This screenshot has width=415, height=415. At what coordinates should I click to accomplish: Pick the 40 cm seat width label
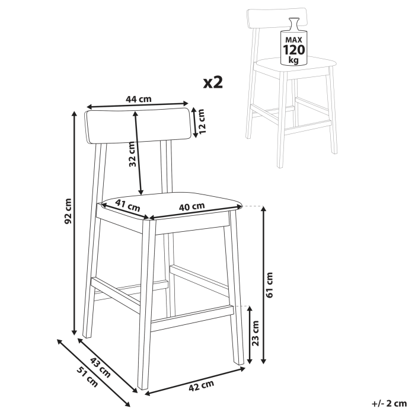191,206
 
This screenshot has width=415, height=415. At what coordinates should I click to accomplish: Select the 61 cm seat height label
270,285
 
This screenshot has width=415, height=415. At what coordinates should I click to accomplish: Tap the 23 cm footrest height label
256,334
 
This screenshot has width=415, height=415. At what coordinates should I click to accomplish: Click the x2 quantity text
213,82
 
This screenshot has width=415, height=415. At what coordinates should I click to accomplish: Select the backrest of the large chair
140,126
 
